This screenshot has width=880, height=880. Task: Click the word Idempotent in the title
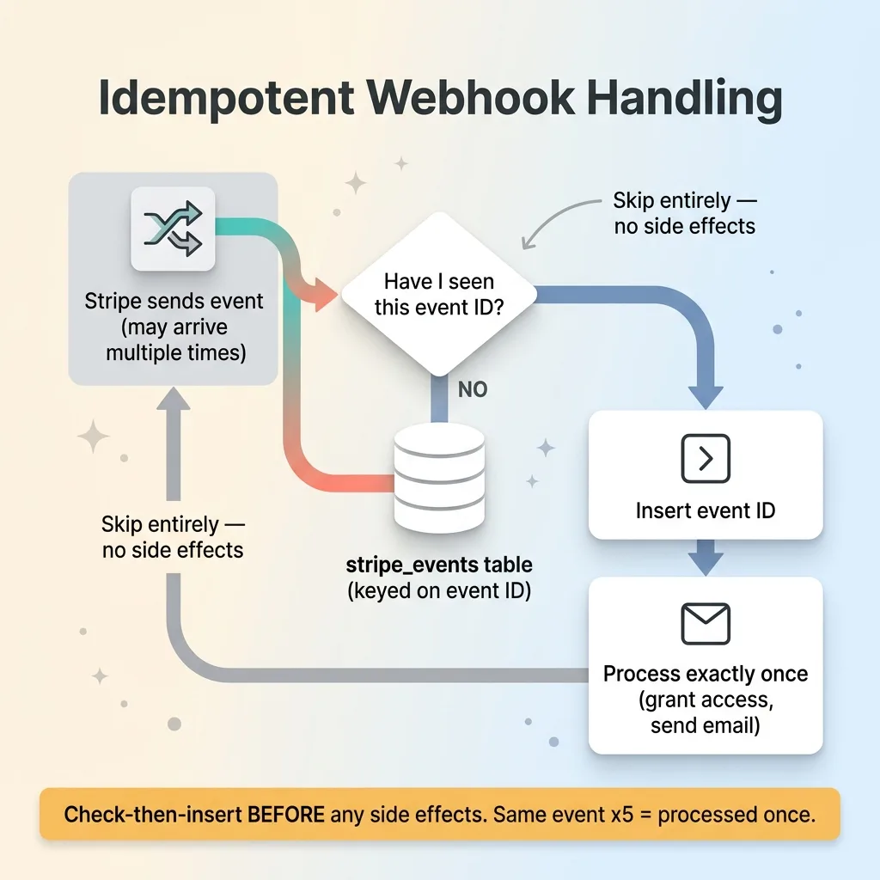pyautogui.click(x=226, y=99)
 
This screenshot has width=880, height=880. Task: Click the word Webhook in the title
pyautogui.click(x=471, y=98)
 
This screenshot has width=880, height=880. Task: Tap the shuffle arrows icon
pyautogui.click(x=173, y=229)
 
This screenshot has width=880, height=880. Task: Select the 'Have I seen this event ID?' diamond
pyautogui.click(x=439, y=294)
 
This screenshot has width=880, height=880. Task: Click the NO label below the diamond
pyautogui.click(x=473, y=389)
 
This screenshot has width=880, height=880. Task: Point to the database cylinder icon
pyautogui.click(x=439, y=478)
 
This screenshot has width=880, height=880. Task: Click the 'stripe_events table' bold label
pyautogui.click(x=439, y=565)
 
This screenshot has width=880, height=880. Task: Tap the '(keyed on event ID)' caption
pyautogui.click(x=439, y=590)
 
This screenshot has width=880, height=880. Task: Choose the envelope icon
pyautogui.click(x=706, y=624)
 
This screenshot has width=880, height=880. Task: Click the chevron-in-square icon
pyautogui.click(x=706, y=459)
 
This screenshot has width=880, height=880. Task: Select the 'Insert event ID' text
pyautogui.click(x=706, y=510)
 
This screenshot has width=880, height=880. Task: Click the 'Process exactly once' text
pyautogui.click(x=706, y=674)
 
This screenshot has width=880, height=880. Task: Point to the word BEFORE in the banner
pyautogui.click(x=286, y=815)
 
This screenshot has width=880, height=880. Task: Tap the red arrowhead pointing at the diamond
pyautogui.click(x=325, y=294)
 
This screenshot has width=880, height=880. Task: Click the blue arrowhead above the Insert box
pyautogui.click(x=706, y=398)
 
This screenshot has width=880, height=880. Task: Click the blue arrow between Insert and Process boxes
pyautogui.click(x=706, y=558)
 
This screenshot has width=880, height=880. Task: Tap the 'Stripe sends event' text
pyautogui.click(x=174, y=302)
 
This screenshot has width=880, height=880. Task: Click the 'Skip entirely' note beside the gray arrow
pyautogui.click(x=173, y=537)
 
